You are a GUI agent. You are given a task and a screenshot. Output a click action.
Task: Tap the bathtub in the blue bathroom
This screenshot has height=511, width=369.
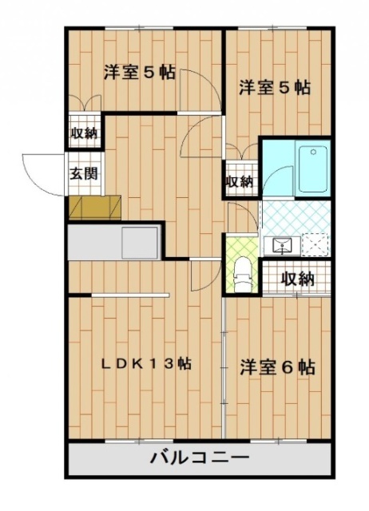pos(312,168)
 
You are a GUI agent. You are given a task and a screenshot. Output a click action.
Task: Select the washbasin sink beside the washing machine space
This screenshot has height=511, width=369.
pos(282,246)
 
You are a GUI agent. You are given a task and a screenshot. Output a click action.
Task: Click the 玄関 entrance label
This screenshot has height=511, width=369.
pos(84,173)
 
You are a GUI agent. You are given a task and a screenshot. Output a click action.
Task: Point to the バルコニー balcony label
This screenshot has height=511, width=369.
pos(199,458)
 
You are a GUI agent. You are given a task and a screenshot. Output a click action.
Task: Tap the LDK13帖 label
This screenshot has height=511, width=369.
pos(145,364)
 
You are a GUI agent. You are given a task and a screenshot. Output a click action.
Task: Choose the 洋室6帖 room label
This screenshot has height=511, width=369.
pos(277,367)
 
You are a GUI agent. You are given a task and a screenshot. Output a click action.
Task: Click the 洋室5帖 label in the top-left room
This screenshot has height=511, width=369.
pos(140,72)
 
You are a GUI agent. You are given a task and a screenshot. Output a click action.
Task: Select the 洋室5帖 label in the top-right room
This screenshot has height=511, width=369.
pos(275,87)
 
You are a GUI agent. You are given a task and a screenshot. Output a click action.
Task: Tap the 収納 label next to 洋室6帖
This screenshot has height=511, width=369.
pos(298,279)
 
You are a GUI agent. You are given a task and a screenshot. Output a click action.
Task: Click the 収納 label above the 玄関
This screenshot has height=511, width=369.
pos(85,133)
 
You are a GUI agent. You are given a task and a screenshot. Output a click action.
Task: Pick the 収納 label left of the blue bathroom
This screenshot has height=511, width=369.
pos(240,181)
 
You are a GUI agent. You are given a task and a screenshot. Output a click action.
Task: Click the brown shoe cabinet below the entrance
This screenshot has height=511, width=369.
pos(95,208)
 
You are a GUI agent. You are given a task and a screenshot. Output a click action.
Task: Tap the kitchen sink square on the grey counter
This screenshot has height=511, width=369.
pos(140,243)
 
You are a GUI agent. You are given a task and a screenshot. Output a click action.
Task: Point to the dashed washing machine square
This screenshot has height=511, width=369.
pos(315,245)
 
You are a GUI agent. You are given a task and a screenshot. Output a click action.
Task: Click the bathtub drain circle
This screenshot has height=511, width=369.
pos(313,152)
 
